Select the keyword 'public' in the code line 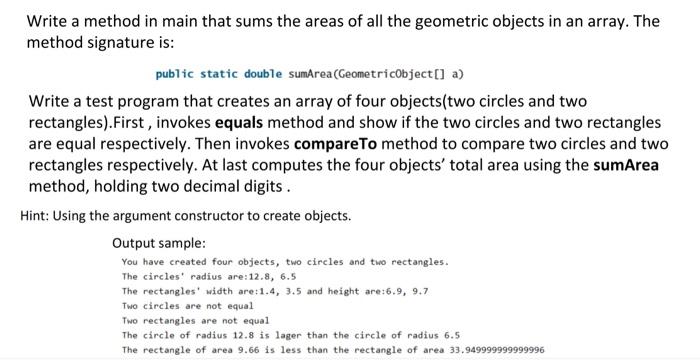point(174,75)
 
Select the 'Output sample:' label point(158,243)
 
